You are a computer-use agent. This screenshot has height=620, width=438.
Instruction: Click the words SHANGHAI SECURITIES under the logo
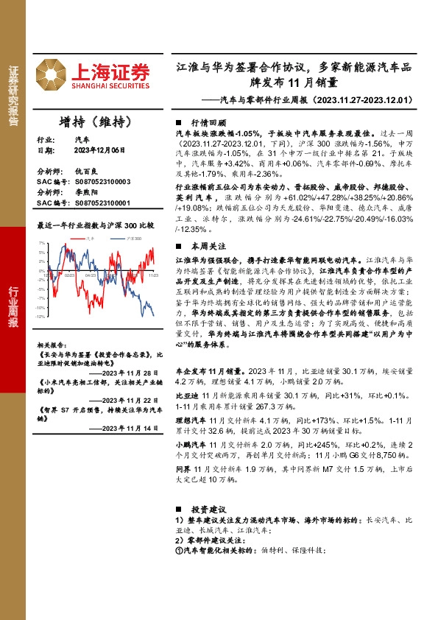pos(110,83)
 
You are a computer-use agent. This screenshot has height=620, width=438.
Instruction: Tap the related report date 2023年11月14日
pos(129,427)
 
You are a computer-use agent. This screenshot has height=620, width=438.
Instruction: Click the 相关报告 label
pos(50,344)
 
